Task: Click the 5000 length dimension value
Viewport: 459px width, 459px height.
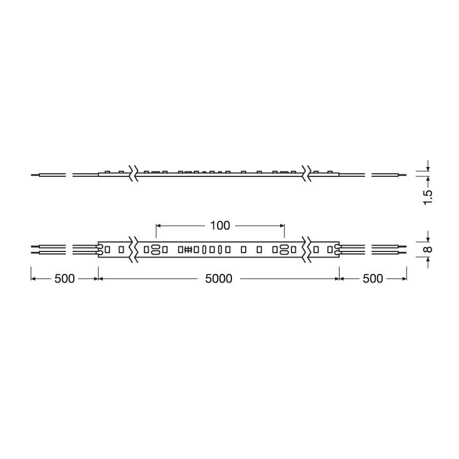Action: tap(219, 279)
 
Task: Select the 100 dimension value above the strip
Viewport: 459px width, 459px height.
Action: tap(220, 225)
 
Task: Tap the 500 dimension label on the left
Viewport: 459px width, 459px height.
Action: tap(64, 279)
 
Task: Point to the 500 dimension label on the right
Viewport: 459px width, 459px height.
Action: tap(373, 279)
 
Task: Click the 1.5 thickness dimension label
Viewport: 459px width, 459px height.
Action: tap(428, 198)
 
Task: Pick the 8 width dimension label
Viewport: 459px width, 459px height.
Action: tap(428, 250)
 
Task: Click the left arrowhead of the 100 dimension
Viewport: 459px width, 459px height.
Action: tap(158, 225)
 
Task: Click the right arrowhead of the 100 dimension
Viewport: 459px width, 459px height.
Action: tap(282, 225)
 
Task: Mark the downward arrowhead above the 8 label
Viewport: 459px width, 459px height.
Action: tap(428, 239)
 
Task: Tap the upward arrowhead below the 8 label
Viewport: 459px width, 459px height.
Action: tap(428, 260)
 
